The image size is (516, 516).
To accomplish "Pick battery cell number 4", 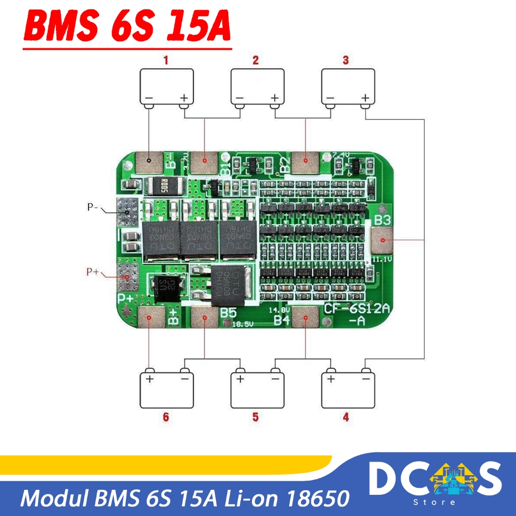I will (x=348, y=391).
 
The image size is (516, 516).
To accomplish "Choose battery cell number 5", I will (x=257, y=391).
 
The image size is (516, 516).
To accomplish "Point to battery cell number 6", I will (x=166, y=391).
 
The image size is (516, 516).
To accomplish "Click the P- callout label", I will (x=92, y=207).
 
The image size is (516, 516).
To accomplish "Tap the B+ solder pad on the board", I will (x=150, y=318).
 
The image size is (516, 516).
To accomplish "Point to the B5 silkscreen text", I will (x=228, y=313).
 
